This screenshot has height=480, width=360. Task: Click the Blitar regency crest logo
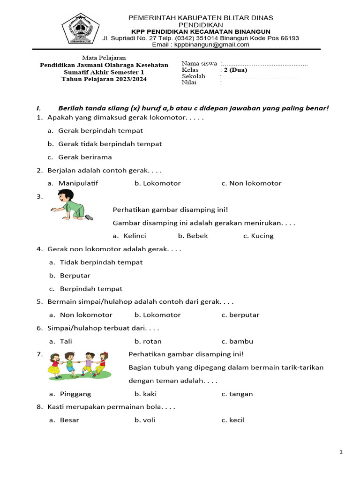pos(81,29)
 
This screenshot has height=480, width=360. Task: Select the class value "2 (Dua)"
pos(236,70)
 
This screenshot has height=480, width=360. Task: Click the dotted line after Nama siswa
pos(265,64)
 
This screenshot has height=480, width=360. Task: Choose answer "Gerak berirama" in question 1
pos(85,157)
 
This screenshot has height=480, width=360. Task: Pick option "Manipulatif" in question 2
pos(78,183)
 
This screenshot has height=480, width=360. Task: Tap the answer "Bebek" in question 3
pos(197,236)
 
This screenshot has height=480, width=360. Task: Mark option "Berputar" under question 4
pos(75,276)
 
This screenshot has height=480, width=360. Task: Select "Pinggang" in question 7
pos(75,394)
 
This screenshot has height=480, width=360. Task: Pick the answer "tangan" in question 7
pos(241,394)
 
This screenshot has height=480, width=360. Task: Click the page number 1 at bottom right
pos(341,452)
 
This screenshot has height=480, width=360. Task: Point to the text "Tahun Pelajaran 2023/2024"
pos(104,79)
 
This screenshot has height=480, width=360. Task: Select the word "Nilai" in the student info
pos(189,82)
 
